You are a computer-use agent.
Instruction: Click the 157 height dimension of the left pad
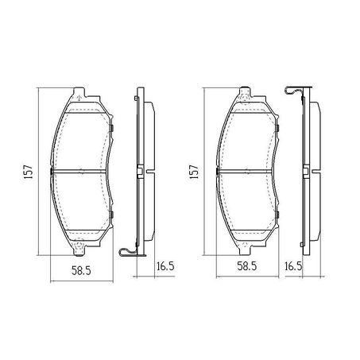[26, 172]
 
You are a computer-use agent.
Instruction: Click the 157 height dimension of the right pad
[193, 172]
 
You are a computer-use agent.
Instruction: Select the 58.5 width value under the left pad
[79, 270]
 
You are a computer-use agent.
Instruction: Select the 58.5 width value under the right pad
[246, 270]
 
